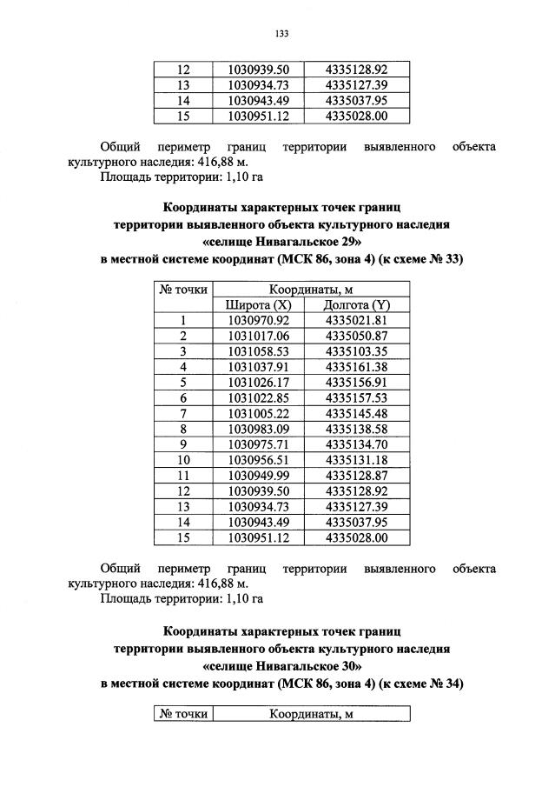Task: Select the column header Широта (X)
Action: [x=258, y=305]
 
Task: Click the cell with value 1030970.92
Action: [x=258, y=321]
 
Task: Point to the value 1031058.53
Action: [x=258, y=351]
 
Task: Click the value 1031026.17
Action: [x=258, y=383]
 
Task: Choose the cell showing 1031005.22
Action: [x=258, y=414]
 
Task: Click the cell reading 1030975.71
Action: [x=258, y=445]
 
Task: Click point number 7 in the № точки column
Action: [x=183, y=414]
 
